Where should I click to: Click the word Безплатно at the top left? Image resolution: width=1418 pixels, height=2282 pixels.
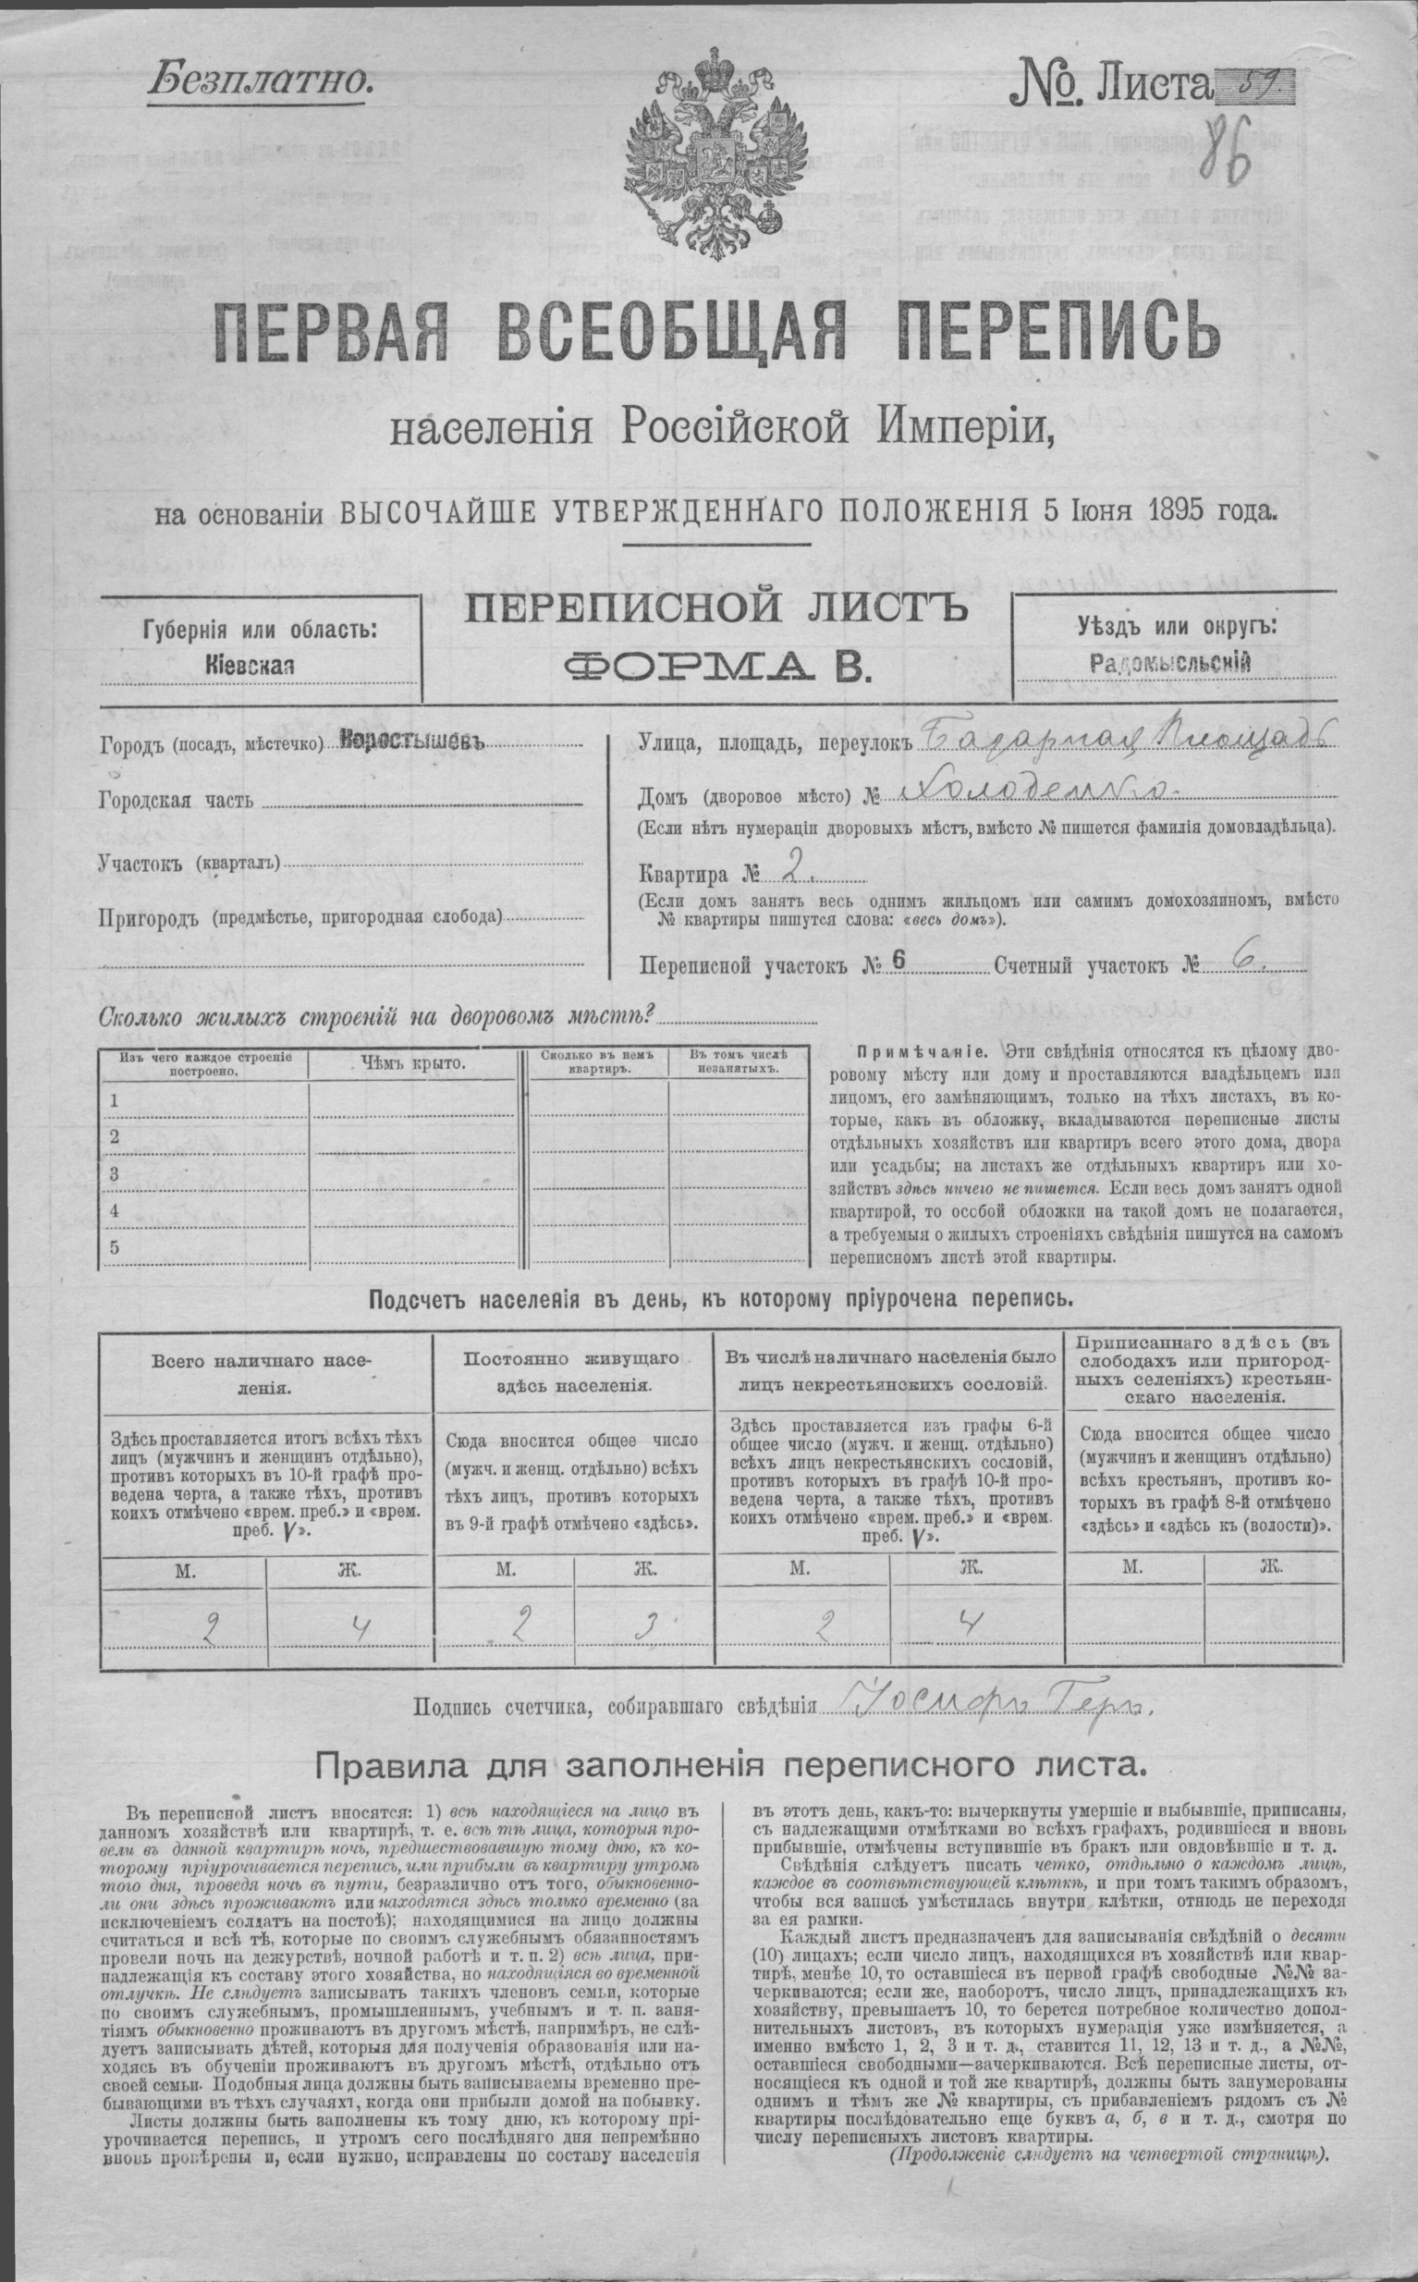(260, 80)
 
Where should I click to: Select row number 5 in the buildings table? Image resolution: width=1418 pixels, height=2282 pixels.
(115, 1246)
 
